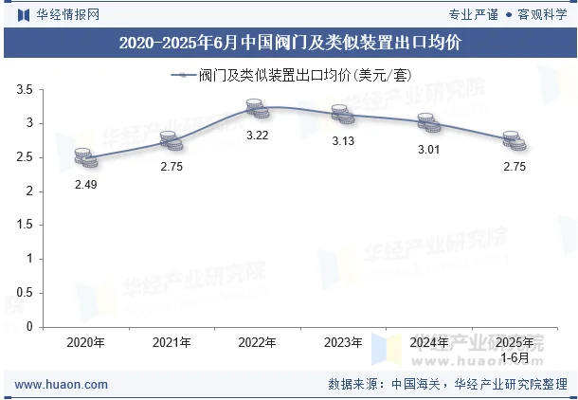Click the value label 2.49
[x=85, y=184]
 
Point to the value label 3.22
[x=258, y=136]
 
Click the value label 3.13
[x=343, y=141]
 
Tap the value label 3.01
[x=429, y=150]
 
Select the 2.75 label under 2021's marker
[x=172, y=167]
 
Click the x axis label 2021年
[x=172, y=342]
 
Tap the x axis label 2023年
[x=343, y=342]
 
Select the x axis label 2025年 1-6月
[x=515, y=349]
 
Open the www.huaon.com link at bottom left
[x=62, y=385]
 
